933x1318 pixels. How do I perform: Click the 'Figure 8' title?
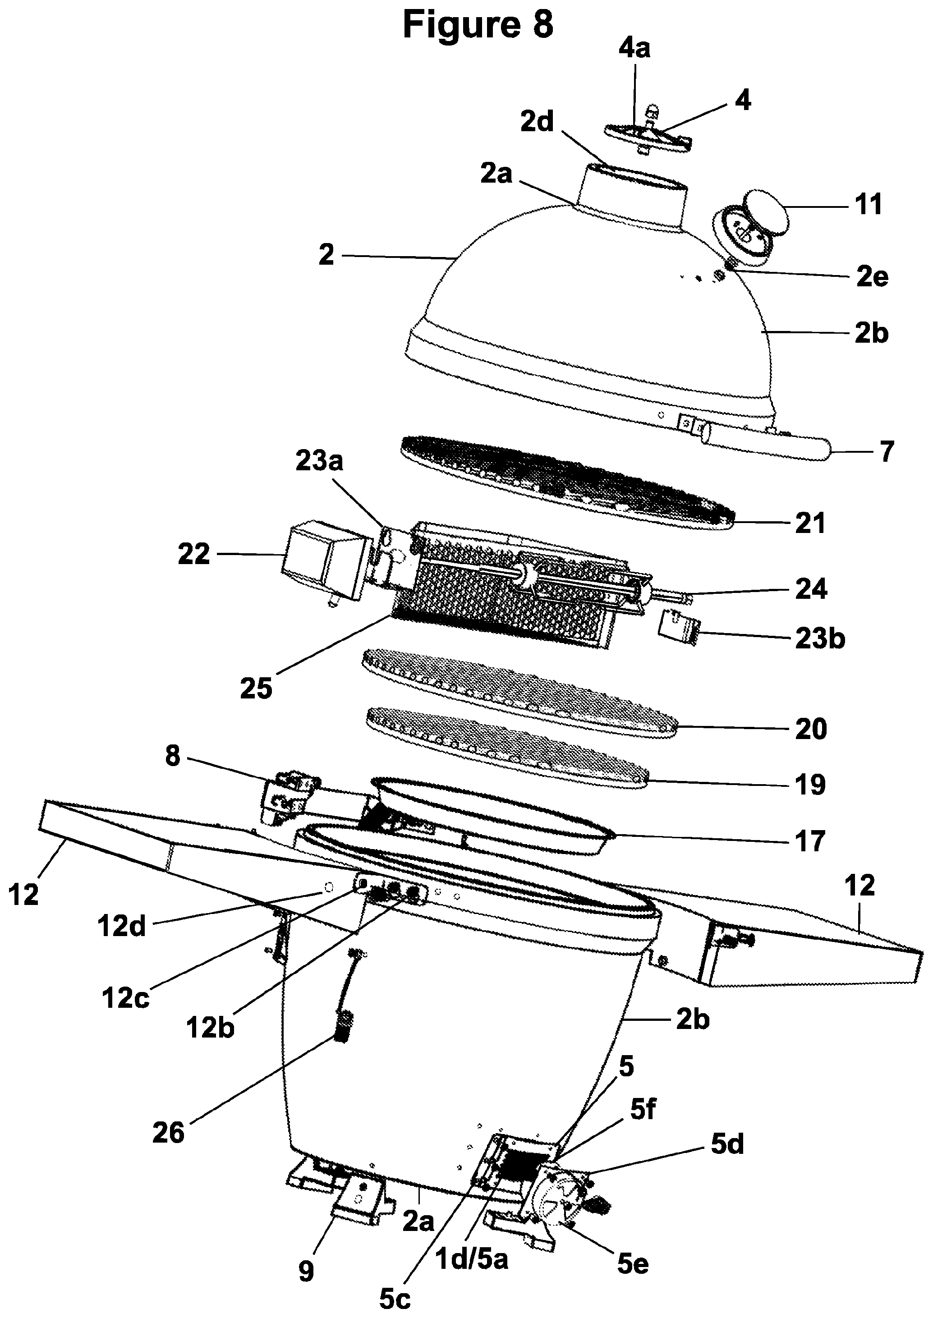coord(478,25)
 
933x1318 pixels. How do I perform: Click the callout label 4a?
coord(634,48)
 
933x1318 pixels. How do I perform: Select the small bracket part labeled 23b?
coord(678,628)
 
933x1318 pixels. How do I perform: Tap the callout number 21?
coord(809,523)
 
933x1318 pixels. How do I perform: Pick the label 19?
coord(810,784)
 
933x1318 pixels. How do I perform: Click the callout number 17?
coord(810,841)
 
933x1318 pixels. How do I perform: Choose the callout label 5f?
coord(642,1111)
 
